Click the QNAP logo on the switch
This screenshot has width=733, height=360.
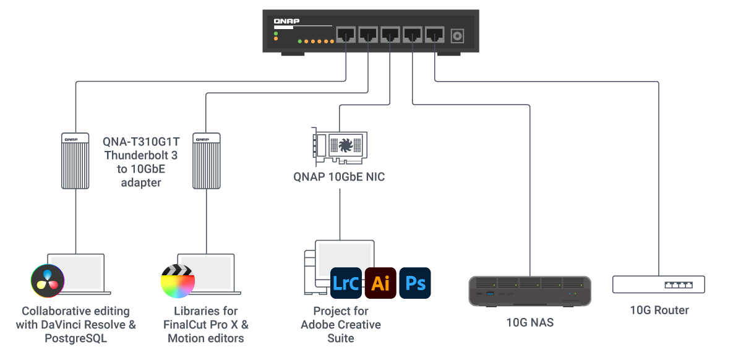tap(286, 22)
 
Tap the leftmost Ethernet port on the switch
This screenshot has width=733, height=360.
tap(346, 35)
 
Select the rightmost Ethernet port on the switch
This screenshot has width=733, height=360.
tap(435, 35)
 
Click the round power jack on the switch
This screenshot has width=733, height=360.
tap(458, 36)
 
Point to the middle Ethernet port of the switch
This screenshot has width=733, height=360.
tap(390, 35)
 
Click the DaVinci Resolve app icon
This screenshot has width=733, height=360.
tap(48, 281)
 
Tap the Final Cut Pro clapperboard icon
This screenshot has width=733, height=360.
tap(178, 282)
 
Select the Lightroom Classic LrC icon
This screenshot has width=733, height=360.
tap(346, 284)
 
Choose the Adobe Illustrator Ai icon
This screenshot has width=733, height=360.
tap(380, 284)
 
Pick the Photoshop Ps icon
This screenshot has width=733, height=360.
tap(415, 284)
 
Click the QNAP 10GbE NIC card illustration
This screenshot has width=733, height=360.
tap(340, 147)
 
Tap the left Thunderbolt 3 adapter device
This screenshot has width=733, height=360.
tap(75, 160)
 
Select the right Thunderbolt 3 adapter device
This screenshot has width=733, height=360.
tap(207, 160)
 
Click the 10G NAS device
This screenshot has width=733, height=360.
tap(529, 291)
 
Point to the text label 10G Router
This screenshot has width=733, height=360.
tap(659, 310)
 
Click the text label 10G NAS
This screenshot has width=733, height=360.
tap(529, 322)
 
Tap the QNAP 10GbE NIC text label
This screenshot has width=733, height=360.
tap(339, 177)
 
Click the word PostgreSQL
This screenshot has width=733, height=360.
tap(76, 339)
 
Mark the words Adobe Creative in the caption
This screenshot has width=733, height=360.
tap(341, 325)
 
